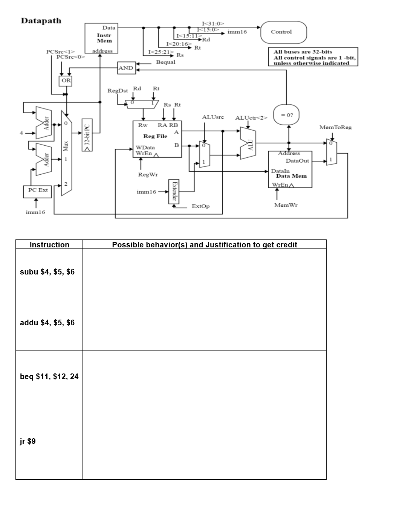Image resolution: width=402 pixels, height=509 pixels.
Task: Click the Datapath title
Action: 41,21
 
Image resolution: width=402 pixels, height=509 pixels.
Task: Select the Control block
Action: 283,32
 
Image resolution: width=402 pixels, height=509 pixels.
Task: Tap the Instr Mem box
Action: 101,38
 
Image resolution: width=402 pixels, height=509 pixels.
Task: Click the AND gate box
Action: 126,68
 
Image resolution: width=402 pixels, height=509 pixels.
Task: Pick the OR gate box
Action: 66,81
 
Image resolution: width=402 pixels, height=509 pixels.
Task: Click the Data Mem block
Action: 290,169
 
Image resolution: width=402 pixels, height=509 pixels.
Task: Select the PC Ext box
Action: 38,190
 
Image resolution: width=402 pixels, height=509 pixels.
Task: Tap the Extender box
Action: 174,191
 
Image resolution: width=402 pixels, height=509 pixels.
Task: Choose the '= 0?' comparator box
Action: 286,115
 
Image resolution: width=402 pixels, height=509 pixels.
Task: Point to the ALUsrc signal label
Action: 213,117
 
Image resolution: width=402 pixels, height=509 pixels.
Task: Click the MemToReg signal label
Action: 335,128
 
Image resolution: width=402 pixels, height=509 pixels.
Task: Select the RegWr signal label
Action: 148,175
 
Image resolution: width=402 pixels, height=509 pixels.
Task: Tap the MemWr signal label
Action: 286,205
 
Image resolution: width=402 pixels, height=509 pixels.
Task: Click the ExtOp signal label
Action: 200,206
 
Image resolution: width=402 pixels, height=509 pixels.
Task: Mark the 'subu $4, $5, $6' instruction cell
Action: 47,272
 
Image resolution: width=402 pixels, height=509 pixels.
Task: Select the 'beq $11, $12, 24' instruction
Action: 49,376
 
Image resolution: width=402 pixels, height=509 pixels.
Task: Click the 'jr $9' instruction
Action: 28,441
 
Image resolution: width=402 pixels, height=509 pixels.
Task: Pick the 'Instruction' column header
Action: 49,245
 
